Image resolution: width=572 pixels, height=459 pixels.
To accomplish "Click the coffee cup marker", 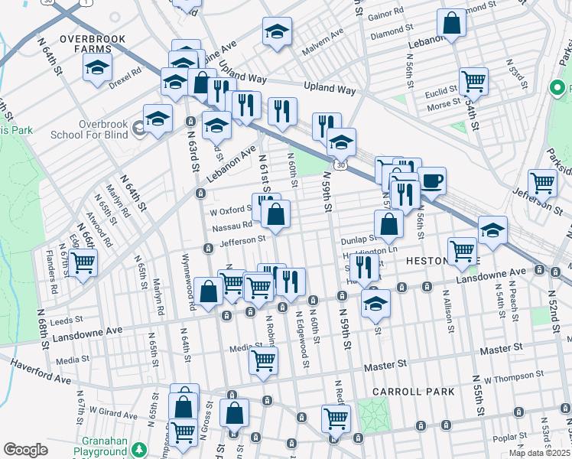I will point(432,181).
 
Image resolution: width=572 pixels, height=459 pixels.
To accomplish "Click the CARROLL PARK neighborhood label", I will point(413,392).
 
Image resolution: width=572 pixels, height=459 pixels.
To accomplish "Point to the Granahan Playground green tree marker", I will point(138,449).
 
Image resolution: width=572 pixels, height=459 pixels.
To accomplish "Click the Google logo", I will point(25,450).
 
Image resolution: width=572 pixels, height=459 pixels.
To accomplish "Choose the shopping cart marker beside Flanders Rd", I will point(83,262).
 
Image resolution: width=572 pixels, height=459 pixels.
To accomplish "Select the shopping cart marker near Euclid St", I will point(474,80).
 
